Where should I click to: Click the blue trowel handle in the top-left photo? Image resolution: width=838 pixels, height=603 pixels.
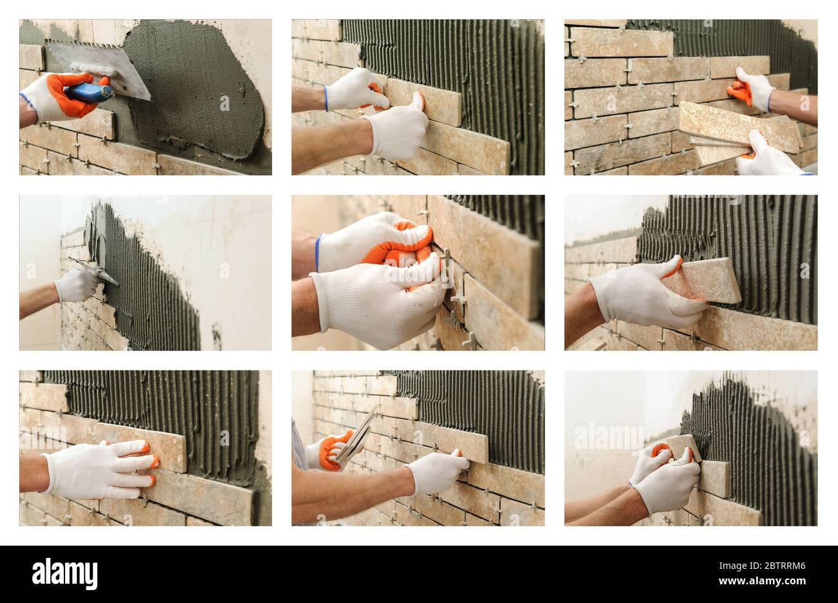[x=89, y=93]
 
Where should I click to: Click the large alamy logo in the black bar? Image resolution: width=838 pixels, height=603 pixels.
[x=64, y=573]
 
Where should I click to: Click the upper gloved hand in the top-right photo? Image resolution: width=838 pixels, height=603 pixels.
[x=753, y=88]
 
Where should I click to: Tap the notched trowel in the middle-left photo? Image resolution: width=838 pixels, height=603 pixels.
[x=97, y=271]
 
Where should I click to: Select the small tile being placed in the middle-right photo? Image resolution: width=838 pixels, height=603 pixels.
[x=709, y=280]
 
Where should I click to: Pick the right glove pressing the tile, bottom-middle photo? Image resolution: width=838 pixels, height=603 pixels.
[x=435, y=472]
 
